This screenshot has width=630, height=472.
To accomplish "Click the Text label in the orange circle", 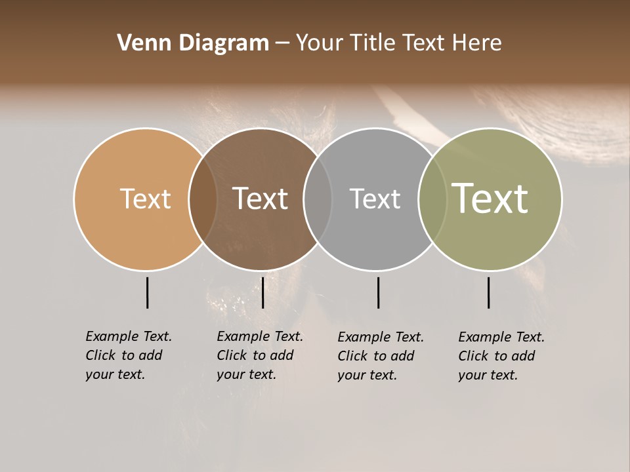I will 145,199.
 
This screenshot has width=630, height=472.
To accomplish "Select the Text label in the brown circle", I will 260,199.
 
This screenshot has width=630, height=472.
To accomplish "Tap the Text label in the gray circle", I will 375,199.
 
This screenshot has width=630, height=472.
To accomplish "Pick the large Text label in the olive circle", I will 490,199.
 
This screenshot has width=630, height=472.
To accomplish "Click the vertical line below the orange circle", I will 147,292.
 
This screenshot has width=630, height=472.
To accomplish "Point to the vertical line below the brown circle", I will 262,292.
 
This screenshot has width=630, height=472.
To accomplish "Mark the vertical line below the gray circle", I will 378,292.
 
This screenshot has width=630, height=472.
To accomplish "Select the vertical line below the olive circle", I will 488,292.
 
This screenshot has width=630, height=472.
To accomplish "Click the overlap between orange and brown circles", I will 203,199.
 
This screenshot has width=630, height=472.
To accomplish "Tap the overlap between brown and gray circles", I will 318,199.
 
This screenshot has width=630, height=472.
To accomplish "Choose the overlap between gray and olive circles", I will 432,199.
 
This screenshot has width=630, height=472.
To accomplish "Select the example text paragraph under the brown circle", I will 259,355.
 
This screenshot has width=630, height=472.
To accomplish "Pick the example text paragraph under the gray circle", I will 380,356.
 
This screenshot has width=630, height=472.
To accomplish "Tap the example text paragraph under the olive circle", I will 501,356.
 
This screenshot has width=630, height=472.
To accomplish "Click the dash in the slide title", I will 282,44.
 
